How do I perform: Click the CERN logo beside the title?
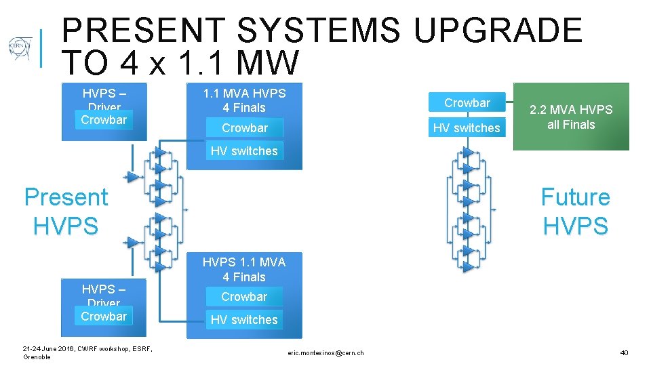(x=20, y=49)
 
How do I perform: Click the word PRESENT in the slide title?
(x=142, y=31)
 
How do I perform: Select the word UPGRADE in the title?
(x=498, y=31)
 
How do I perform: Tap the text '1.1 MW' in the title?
(x=238, y=64)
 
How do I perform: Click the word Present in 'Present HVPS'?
(x=66, y=197)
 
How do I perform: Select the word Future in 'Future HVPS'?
(x=575, y=197)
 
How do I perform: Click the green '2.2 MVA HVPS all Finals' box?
(x=571, y=117)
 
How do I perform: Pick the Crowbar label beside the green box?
(x=467, y=103)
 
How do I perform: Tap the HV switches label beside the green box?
(x=467, y=127)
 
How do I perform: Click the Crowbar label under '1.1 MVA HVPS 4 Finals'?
(x=244, y=127)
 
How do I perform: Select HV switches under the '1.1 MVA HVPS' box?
(x=244, y=151)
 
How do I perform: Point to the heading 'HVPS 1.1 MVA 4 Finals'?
(x=244, y=269)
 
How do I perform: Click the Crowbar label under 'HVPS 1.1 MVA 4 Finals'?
(x=244, y=297)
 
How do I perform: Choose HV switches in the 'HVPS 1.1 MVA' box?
(x=244, y=320)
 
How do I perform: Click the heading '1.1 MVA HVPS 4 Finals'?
(x=244, y=100)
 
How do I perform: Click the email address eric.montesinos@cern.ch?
(x=325, y=352)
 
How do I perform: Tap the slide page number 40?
(x=624, y=352)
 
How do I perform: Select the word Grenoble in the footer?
(x=37, y=357)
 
